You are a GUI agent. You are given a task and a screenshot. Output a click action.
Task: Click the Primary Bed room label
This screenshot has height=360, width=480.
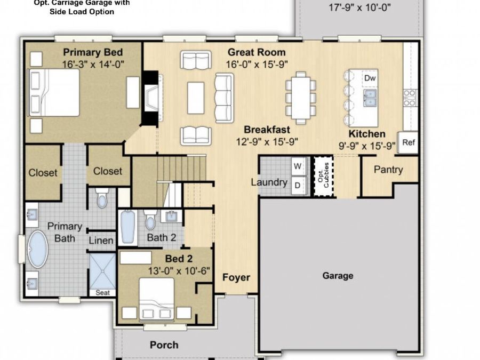coord(93,52)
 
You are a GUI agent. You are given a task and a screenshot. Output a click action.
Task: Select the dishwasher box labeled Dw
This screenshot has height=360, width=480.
coord(370,78)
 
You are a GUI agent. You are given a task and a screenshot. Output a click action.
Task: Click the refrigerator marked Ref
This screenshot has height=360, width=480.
coord(409,143)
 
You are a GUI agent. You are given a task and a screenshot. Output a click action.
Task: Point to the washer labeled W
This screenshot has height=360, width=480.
coord(298,166)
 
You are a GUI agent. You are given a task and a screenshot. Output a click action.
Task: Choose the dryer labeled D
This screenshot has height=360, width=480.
coord(298,185)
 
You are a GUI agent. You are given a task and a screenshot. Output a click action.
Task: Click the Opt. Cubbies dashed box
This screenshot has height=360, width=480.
coord(322,177)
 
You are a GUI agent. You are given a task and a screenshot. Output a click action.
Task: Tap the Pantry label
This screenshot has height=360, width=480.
coord(388,170)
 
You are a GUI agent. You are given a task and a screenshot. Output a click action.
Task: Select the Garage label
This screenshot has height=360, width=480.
coord(338,276)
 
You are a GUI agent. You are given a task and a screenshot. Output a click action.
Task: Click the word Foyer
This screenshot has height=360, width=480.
coord(236,277)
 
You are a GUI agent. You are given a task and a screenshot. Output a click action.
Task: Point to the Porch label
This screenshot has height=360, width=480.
coord(164,345)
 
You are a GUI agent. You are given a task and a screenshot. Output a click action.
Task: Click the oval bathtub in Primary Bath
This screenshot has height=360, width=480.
coord(37,249)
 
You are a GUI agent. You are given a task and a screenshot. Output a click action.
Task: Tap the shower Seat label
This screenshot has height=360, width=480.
coord(102,293)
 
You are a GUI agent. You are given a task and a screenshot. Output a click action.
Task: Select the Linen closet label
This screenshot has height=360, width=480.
coord(101,241)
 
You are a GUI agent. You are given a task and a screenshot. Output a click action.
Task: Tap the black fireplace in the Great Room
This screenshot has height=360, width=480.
coord(149,99)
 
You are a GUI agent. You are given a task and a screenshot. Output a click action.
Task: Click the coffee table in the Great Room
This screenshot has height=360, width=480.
coord(196,98)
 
